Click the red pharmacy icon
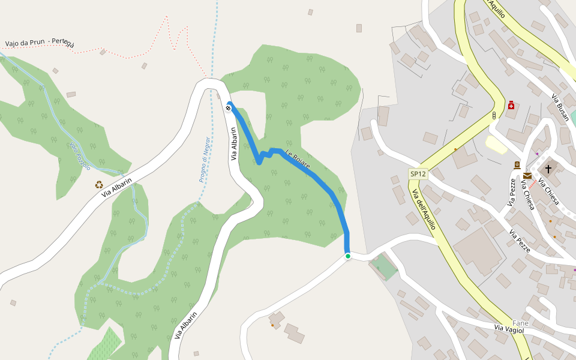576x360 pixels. (x=511, y=106)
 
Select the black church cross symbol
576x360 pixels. (x=548, y=169)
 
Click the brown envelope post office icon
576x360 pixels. (x=527, y=176)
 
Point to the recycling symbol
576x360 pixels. (x=99, y=185)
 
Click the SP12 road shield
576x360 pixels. (x=418, y=174)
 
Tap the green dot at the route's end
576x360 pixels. (x=347, y=256)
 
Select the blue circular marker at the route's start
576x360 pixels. (x=229, y=107)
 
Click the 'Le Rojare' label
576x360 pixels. (x=298, y=160)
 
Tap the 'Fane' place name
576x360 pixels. (x=520, y=323)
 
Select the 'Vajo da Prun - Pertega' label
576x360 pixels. (x=40, y=43)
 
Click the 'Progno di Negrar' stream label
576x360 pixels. (x=205, y=159)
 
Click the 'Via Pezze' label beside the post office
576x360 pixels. (x=511, y=193)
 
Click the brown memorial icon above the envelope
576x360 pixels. (x=517, y=165)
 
